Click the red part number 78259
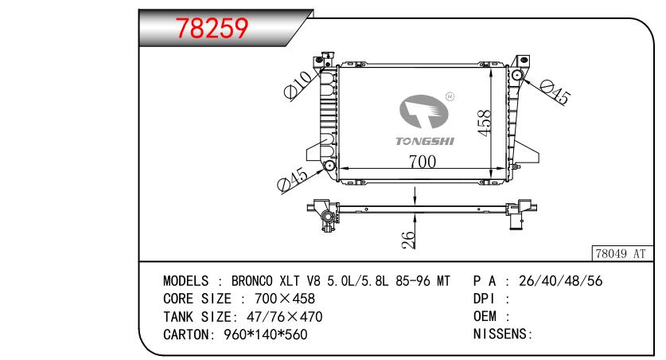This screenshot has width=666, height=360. click(x=212, y=29)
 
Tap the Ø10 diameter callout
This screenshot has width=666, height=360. click(x=298, y=85)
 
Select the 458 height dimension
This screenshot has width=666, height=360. click(x=485, y=123)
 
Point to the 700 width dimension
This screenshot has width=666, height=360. click(x=423, y=162)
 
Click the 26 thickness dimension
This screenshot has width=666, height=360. click(x=407, y=240)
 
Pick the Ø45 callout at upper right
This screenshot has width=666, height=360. click(x=555, y=92)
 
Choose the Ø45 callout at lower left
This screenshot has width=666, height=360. click(x=293, y=180)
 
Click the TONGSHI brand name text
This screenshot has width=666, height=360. click(x=425, y=141)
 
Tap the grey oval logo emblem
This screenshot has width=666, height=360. click(x=424, y=112)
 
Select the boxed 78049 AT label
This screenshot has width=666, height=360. click(x=621, y=254)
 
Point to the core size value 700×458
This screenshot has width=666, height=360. click(x=285, y=299)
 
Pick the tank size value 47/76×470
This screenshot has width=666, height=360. click(x=285, y=317)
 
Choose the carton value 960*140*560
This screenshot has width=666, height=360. click(x=266, y=335)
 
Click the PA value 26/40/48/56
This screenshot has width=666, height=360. click(x=560, y=281)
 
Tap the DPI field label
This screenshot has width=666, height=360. click(x=485, y=299)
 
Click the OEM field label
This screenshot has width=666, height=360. click(x=485, y=316)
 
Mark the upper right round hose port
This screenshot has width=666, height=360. click(x=517, y=76)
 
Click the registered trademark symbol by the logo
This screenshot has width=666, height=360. click(x=450, y=97)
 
